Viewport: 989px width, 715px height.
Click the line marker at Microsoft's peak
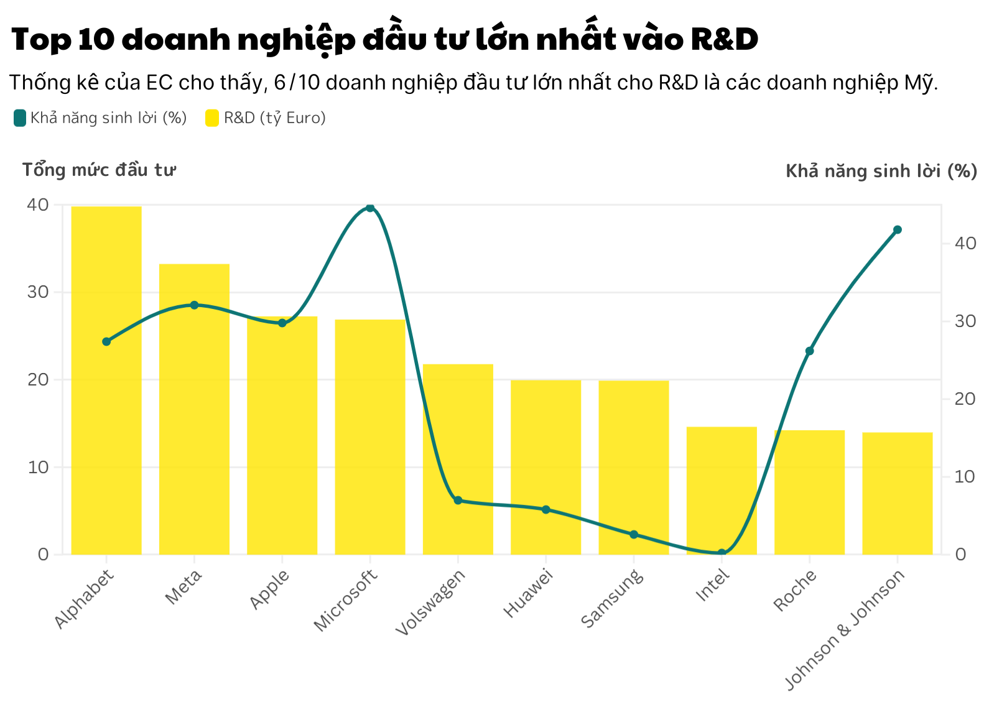pyautogui.click(x=370, y=208)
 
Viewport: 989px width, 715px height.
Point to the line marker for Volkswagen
pyautogui.click(x=458, y=500)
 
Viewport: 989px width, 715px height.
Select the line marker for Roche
pyautogui.click(x=809, y=351)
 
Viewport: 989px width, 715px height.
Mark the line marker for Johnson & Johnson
pyautogui.click(x=897, y=230)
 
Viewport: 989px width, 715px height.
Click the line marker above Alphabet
pyautogui.click(x=106, y=341)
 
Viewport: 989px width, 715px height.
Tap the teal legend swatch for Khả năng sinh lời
pyautogui.click(x=20, y=118)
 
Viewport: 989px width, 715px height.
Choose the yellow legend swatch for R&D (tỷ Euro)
pyautogui.click(x=212, y=118)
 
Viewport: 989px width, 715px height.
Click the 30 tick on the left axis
pyautogui.click(x=38, y=292)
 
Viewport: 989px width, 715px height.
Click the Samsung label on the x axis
pyautogui.click(x=612, y=599)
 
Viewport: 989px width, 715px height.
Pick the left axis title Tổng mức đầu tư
pyautogui.click(x=99, y=170)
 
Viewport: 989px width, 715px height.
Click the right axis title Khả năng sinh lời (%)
pyautogui.click(x=881, y=171)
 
